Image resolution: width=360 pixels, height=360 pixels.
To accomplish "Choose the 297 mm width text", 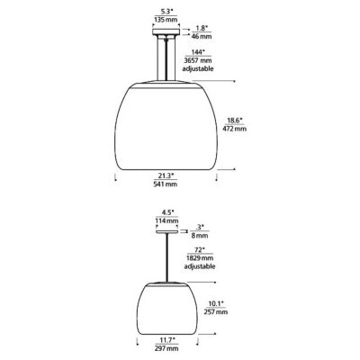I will coord(167,349).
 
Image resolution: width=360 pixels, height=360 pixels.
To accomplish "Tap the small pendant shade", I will coord(167,305).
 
